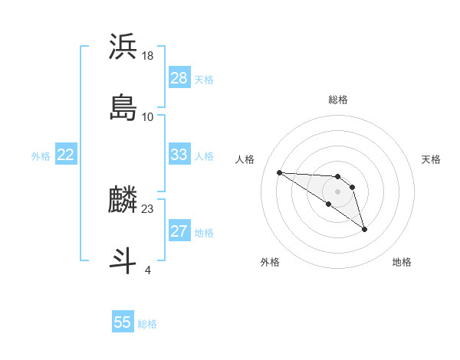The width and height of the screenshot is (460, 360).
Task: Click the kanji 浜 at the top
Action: point(123,47)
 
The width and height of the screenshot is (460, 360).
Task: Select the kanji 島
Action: point(123,107)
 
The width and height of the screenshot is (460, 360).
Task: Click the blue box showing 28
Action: point(179,78)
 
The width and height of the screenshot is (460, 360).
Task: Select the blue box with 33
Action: point(179,155)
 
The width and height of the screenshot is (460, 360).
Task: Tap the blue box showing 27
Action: point(179,231)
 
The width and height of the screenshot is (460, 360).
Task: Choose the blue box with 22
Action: point(66,155)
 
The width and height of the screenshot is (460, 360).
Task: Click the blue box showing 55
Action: point(123,322)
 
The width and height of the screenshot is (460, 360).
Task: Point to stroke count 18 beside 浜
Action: point(148,55)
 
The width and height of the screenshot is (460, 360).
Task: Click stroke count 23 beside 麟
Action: point(148,208)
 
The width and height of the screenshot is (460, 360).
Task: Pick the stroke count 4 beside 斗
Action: point(148,270)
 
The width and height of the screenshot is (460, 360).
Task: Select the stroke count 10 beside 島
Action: point(148,116)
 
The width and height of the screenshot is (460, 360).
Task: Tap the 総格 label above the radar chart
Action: point(338,100)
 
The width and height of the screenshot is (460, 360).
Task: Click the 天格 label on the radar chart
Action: point(431,159)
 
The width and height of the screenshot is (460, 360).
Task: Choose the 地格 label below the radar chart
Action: point(402,262)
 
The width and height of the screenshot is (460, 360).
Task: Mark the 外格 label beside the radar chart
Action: point(270,262)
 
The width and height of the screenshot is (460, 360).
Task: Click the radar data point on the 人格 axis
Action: point(279,172)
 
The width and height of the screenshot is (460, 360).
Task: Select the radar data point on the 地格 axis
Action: point(364,229)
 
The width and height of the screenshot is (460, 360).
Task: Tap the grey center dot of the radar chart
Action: point(337,191)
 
